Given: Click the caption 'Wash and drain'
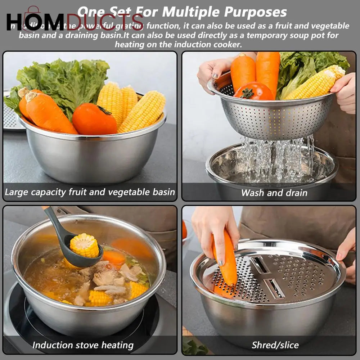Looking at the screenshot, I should pyautogui.click(x=274, y=193).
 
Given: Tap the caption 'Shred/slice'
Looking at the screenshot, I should pyautogui.click(x=275, y=345).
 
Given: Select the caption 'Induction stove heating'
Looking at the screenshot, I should pyautogui.click(x=83, y=345).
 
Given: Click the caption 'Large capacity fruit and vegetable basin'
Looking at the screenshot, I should pyautogui.click(x=90, y=192).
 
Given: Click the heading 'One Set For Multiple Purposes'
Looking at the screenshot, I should pyautogui.click(x=182, y=12).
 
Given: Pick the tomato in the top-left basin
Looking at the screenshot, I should pyautogui.click(x=94, y=119).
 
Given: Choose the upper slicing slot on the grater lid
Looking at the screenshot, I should pyautogui.click(x=260, y=264).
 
